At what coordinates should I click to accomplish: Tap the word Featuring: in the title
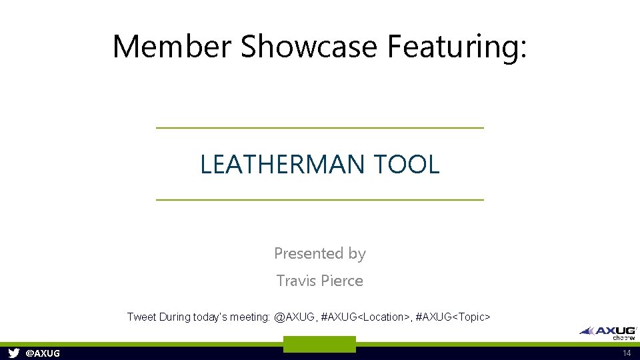(x=457, y=47)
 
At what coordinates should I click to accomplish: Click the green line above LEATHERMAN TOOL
(x=319, y=127)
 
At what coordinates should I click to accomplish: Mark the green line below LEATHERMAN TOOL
(x=319, y=199)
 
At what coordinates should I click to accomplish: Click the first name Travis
(x=294, y=281)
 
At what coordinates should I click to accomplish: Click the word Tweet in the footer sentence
(x=141, y=317)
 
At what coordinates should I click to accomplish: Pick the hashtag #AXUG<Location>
(x=365, y=317)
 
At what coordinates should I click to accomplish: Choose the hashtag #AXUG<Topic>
(x=453, y=317)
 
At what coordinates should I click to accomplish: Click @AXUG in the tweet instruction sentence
(x=294, y=317)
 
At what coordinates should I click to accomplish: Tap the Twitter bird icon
(x=13, y=353)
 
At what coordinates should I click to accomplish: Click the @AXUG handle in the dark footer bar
(x=43, y=353)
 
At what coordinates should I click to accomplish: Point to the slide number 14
(x=626, y=353)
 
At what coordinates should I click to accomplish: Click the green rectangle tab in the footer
(x=319, y=345)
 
